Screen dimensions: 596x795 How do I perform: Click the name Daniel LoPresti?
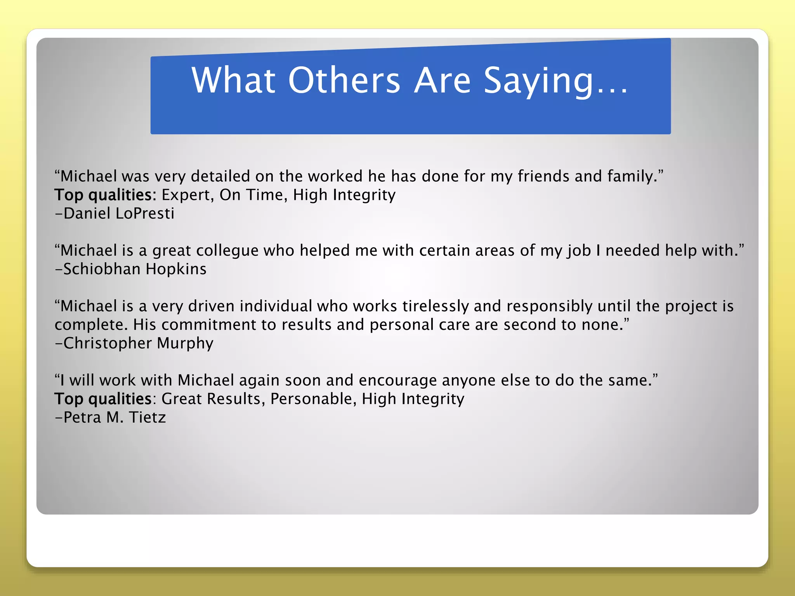coord(118,213)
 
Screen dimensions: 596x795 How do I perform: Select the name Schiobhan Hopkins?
coord(134,269)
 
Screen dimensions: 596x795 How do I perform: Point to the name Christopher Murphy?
coord(138,343)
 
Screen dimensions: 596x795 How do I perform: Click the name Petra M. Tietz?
coord(114,418)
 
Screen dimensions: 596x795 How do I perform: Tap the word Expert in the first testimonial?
coord(187,195)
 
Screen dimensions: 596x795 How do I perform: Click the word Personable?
coord(313,399)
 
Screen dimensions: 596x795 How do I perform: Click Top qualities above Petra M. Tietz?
coord(103,399)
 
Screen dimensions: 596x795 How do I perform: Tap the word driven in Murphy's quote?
coord(211,306)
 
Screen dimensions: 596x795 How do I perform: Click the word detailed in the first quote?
coord(220,177)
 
